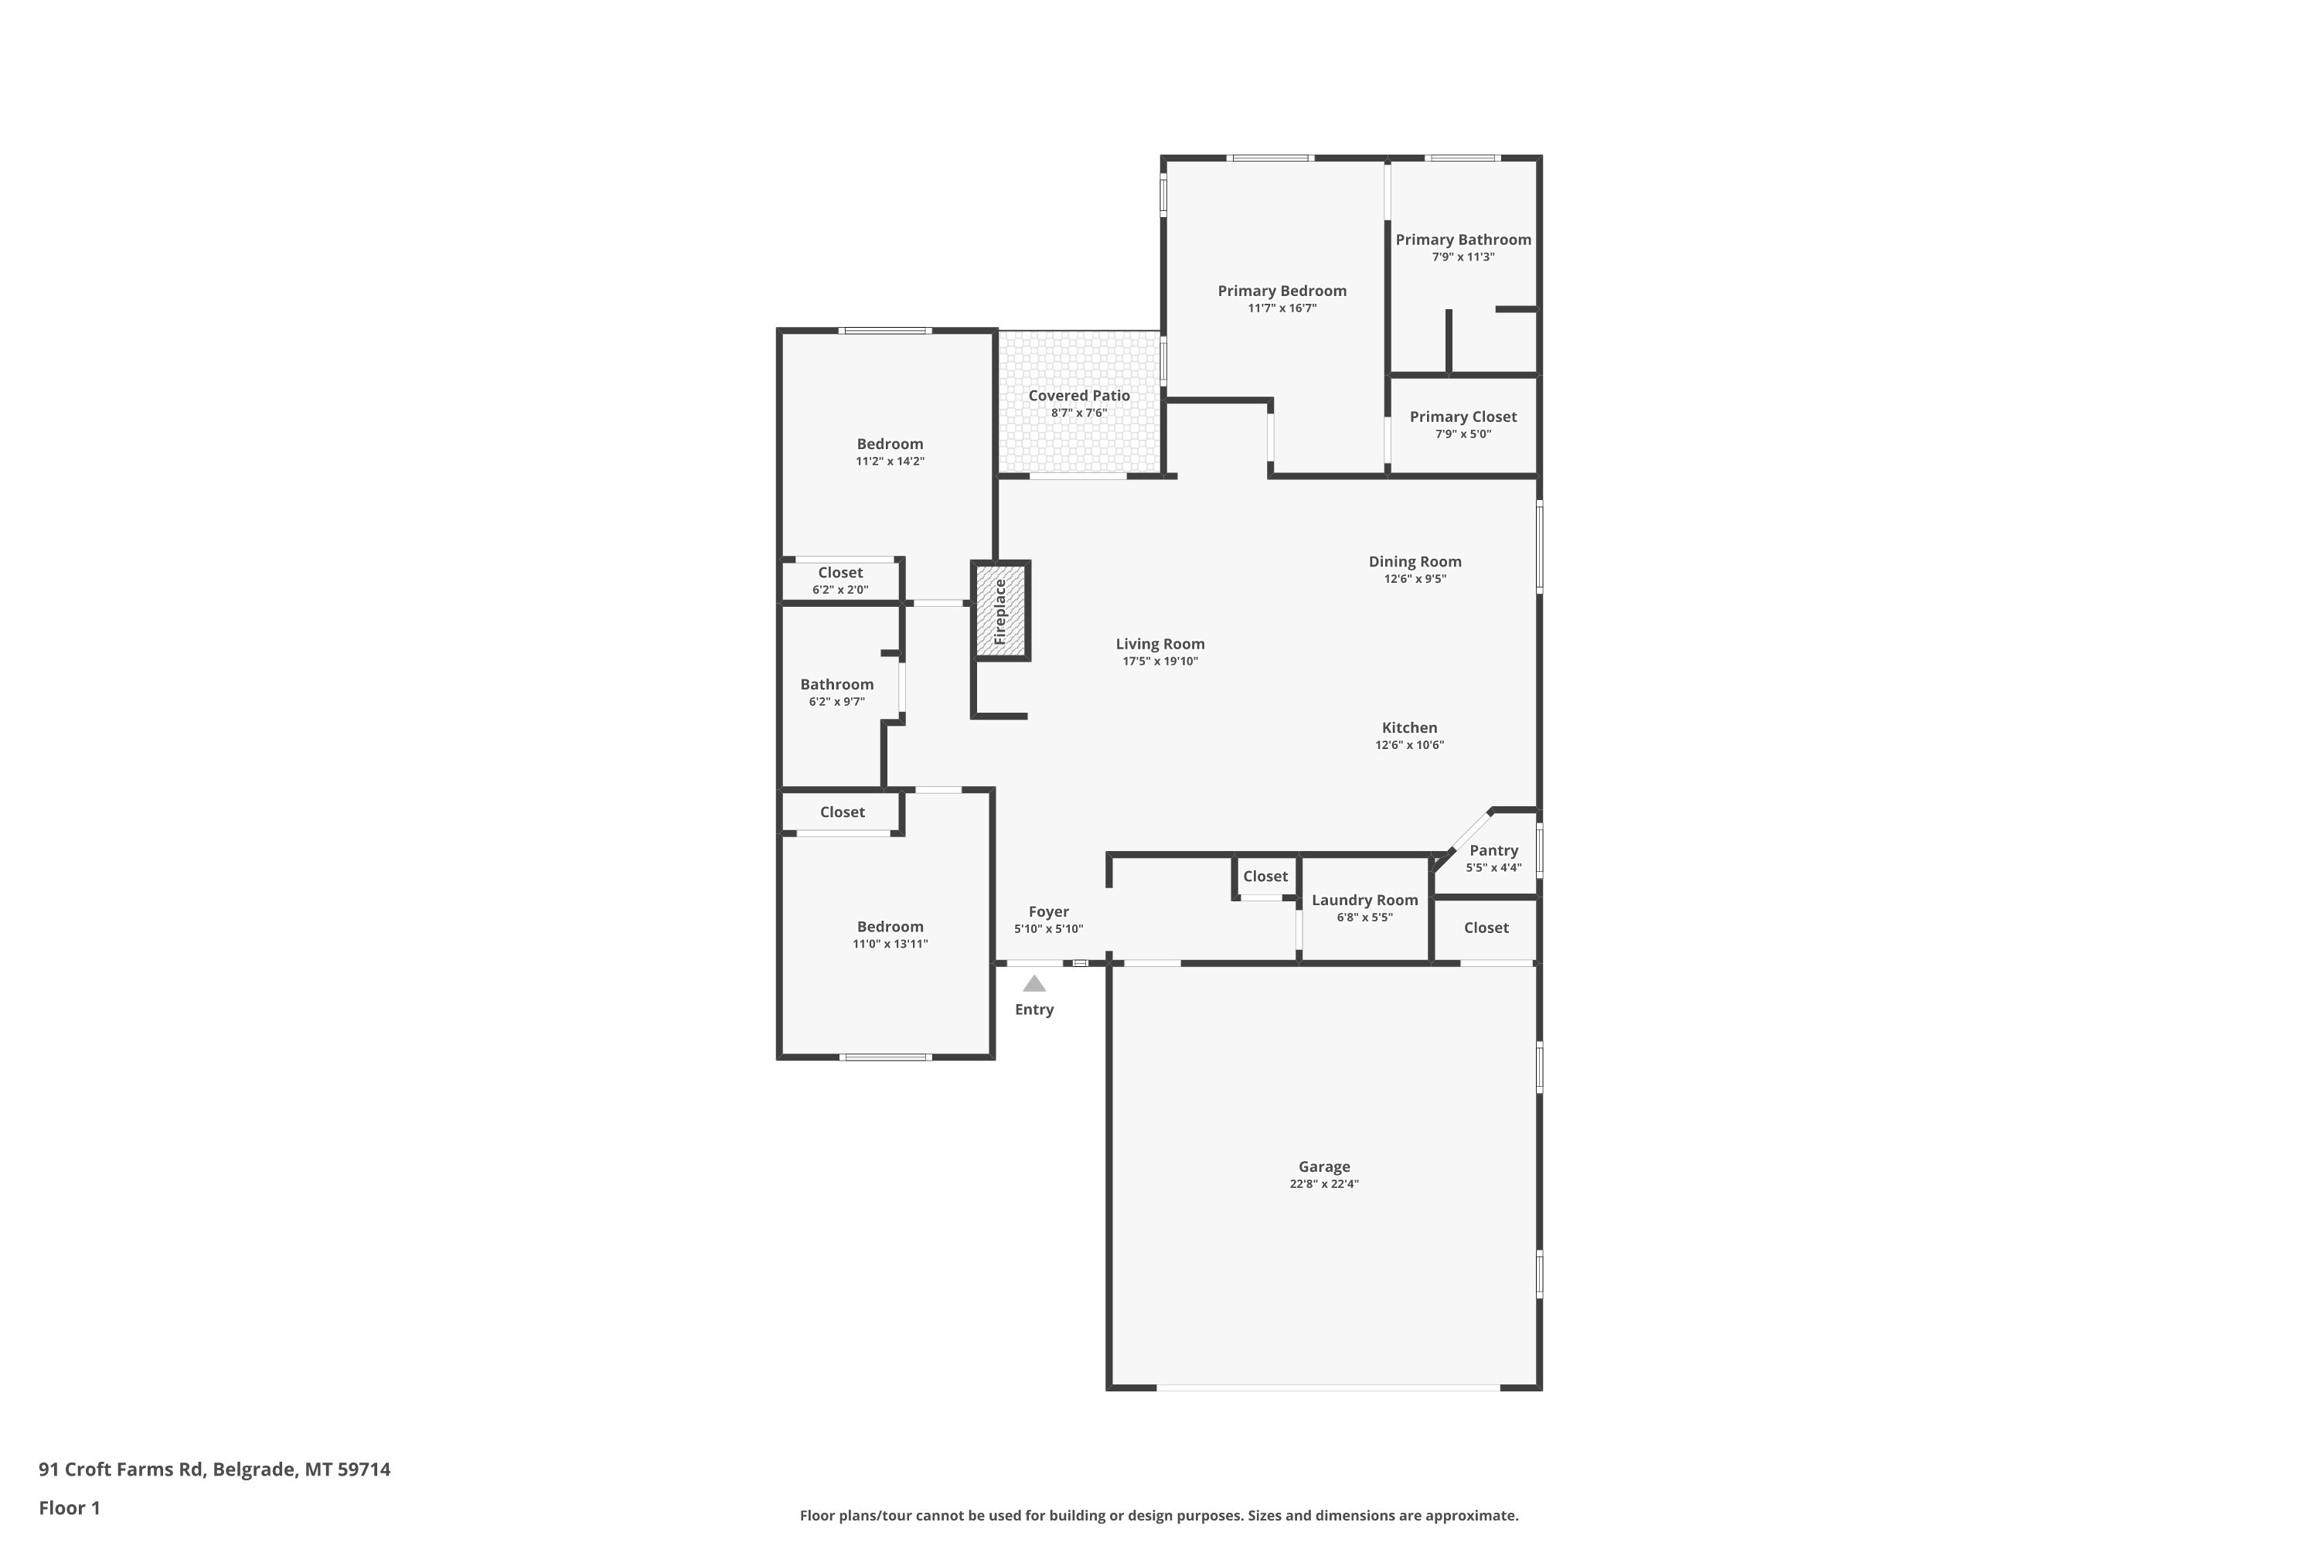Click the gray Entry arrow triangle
1034,983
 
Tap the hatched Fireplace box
1001,611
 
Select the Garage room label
1323,1166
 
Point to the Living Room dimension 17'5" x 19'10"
1159,662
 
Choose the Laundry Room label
1364,901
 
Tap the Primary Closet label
1463,417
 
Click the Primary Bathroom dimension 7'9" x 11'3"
1463,257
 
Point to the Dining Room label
1415,562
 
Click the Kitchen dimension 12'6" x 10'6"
1409,745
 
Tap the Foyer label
1048,912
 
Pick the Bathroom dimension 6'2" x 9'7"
836,702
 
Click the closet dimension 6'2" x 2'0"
840,591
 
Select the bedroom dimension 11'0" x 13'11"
890,945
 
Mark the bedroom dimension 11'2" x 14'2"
890,461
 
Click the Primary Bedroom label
1282,291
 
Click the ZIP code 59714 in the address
364,1469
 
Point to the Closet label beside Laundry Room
1265,877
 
